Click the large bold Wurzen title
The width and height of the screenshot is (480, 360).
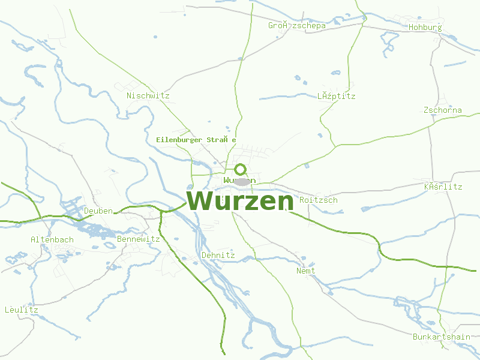pos(241,201)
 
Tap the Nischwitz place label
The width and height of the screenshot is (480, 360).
pos(148,95)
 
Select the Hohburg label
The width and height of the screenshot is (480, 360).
pos(425,27)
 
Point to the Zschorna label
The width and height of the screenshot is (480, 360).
pos(443,110)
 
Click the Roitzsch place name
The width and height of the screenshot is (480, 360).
pos(319,200)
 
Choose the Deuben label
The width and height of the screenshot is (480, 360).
pos(98,211)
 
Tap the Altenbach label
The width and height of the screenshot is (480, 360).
pos(52,239)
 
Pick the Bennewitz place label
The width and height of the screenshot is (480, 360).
pos(139,239)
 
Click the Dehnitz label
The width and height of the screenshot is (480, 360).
pos(218,255)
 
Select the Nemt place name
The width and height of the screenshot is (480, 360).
pos(306,271)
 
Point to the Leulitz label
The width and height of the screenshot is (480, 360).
pos(22,310)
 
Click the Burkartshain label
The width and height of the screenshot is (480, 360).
pos(442,337)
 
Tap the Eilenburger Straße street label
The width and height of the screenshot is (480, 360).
pos(196,140)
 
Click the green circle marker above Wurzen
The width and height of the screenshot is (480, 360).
pos(241,169)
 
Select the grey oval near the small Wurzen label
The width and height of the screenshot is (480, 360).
pos(242,181)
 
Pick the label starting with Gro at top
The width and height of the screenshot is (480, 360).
pos(297,25)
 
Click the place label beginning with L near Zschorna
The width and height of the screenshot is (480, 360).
pos(337,96)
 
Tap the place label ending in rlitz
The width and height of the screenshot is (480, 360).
pos(443,187)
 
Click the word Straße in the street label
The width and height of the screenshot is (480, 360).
pos(221,140)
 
